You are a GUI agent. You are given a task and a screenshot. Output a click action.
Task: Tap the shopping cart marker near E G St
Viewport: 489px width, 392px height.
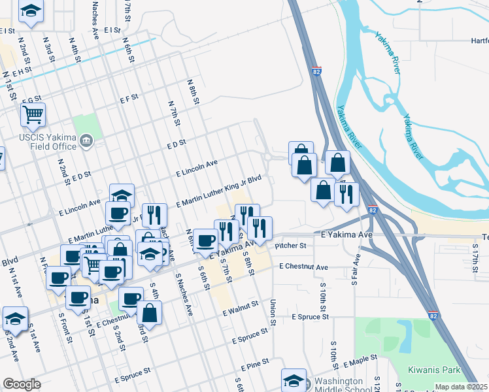pyautogui.click(x=33, y=116)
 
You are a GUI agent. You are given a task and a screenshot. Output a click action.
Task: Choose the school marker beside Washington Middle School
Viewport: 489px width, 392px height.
pyautogui.click(x=294, y=380)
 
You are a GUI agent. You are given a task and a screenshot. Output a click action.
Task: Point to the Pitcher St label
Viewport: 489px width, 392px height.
pyautogui.click(x=290, y=246)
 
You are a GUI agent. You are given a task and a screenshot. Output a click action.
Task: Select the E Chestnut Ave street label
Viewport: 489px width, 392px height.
pyautogui.click(x=303, y=267)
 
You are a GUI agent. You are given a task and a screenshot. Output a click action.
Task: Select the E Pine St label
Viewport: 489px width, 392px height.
pyautogui.click(x=256, y=368)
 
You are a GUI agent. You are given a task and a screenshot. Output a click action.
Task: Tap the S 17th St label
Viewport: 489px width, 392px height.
pyautogui.click(x=475, y=255)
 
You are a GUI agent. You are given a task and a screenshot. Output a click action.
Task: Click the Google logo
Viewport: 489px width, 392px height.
pyautogui.click(x=22, y=384)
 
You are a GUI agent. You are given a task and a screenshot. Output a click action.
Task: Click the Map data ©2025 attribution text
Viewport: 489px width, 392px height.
pyautogui.click(x=462, y=387)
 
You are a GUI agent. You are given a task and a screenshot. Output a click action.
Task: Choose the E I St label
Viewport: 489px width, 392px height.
pyautogui.click(x=112, y=30)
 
